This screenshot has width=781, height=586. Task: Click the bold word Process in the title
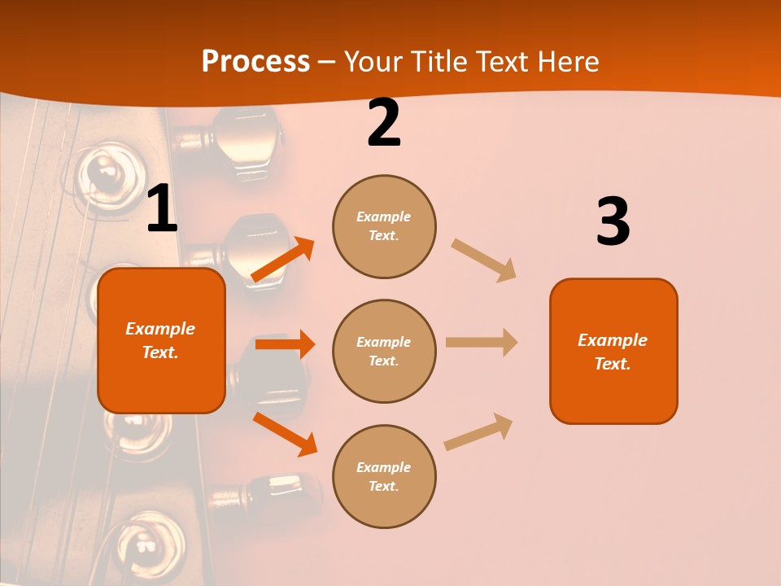coord(255,62)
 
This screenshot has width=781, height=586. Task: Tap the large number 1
coord(162,210)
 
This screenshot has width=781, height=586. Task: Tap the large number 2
coord(384,124)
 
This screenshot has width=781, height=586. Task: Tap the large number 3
coord(613,222)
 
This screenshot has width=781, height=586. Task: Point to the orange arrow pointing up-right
coord(282,260)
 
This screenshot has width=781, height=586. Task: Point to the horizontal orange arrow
coord(285,344)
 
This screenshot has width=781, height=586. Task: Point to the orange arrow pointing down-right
coord(285,434)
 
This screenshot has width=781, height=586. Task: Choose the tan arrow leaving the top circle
coord(484,260)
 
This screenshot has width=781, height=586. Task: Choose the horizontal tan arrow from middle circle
coord(482,343)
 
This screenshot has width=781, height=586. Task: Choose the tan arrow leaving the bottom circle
coord(479,431)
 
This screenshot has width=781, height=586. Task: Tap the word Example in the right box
coord(613,340)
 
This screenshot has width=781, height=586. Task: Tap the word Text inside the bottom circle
coord(382,486)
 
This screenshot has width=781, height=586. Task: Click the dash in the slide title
coord(327,63)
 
